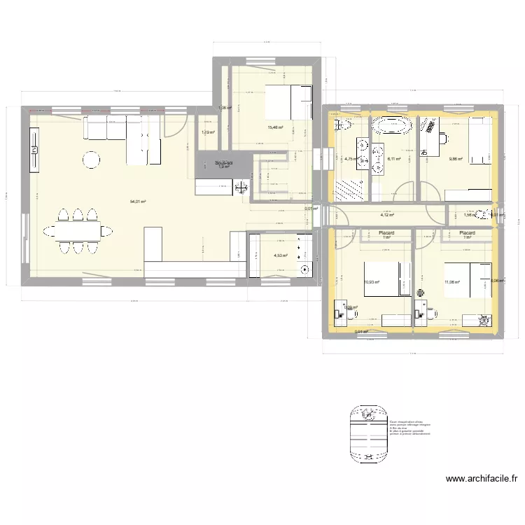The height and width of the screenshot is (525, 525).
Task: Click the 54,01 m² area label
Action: pos(137,202)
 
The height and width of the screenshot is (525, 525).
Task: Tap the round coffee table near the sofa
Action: pos(92,160)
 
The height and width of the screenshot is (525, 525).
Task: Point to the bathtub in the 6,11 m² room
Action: pos(392,127)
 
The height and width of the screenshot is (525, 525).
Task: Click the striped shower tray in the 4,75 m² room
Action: pos(349,189)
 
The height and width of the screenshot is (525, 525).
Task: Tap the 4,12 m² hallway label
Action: pos(386,216)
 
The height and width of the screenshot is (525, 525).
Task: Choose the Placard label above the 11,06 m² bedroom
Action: pos(467,233)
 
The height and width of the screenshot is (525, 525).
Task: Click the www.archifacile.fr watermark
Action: pos(482,479)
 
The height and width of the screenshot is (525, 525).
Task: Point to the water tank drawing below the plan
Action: pos(366,429)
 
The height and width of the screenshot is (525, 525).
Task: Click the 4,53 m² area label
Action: pos(281,256)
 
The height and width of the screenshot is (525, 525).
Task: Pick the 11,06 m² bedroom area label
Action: pos(451,282)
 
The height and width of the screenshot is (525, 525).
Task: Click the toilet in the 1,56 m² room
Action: pos(482,215)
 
